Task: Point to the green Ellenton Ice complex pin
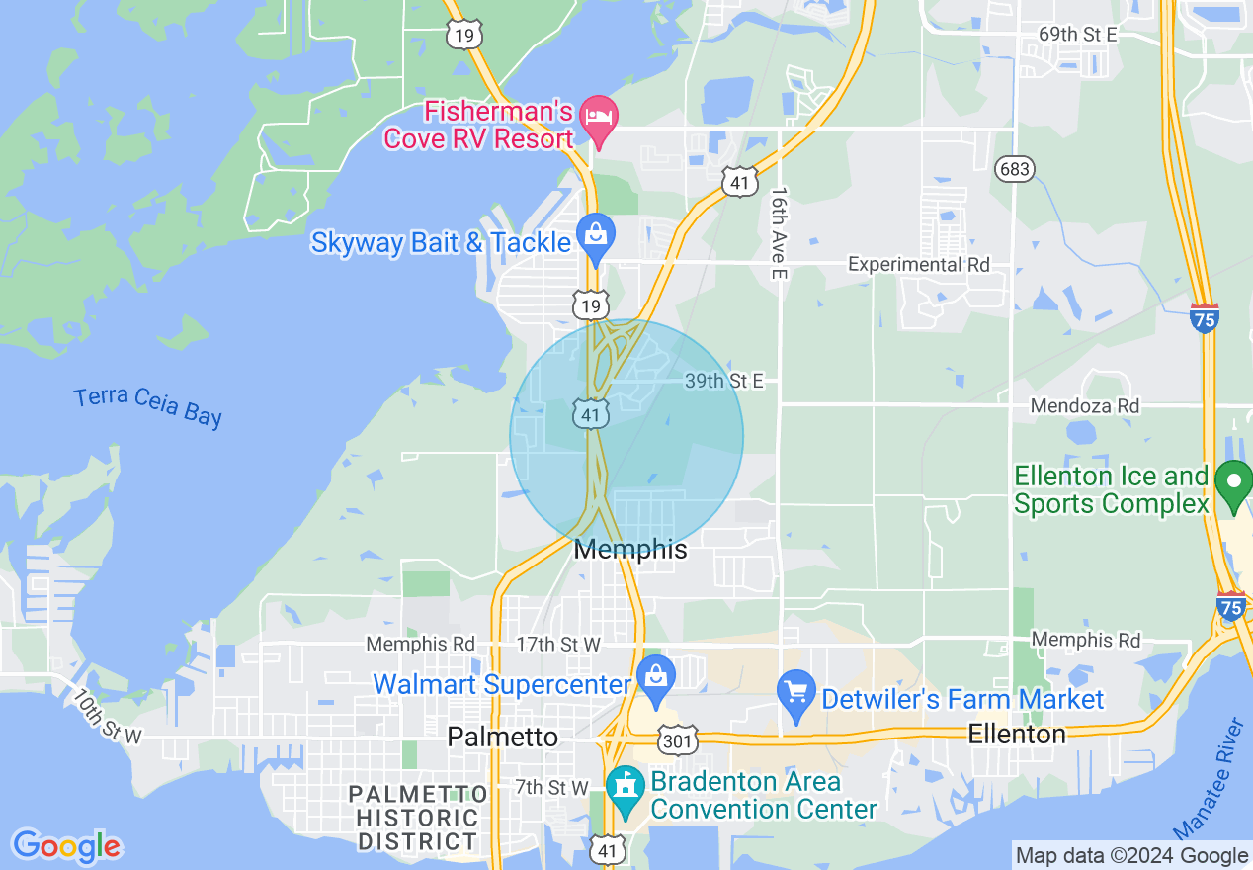tap(1232, 484)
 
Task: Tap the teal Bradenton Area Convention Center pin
tap(625, 789)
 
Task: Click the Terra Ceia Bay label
tap(148, 406)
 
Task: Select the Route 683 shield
tap(1015, 169)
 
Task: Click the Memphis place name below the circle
tap(630, 550)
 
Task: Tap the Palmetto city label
tap(502, 737)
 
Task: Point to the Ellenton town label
tap(1017, 735)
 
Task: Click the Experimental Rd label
tap(919, 265)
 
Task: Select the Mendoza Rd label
tap(1084, 406)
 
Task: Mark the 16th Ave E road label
tap(779, 231)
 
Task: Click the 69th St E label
tap(1077, 35)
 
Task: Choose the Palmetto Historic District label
tap(418, 818)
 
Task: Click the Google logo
tap(66, 846)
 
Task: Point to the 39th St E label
tap(724, 381)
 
